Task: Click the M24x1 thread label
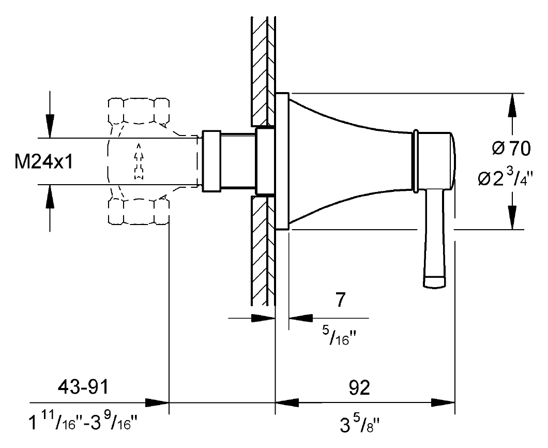coord(44,162)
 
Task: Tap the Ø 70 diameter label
coord(511,148)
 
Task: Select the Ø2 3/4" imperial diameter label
coord(506,178)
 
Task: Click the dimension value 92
coord(359,387)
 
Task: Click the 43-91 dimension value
coord(84,387)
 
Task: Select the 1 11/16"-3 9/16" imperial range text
coord(83,422)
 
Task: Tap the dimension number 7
coord(340,300)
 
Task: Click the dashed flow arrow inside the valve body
coord(139,161)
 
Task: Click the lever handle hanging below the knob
coord(435,240)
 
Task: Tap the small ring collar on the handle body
coord(416,161)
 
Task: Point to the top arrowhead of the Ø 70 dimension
coord(512,105)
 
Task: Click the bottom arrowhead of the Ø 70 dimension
coord(512,217)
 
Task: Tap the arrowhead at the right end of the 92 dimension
coord(443,402)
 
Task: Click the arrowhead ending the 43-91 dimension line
coord(157,402)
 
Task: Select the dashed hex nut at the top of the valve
coord(139,111)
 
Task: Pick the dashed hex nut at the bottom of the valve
coord(139,211)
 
